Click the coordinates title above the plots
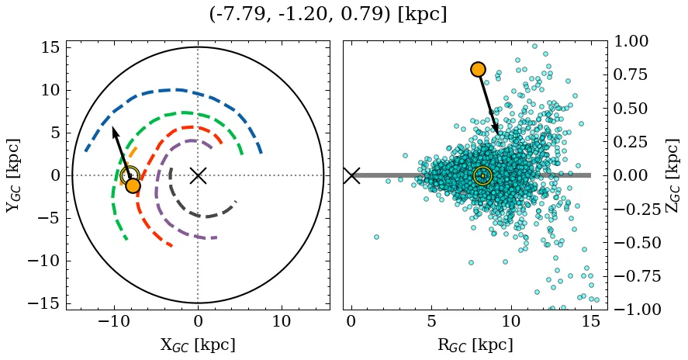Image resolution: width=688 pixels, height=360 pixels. tap(327, 15)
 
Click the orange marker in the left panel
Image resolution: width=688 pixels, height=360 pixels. tap(133, 185)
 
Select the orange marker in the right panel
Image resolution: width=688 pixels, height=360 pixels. tap(478, 69)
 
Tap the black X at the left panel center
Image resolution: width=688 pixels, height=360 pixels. tap(198, 175)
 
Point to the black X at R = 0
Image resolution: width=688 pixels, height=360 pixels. tap(351, 175)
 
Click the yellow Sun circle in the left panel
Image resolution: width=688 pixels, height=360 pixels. tap(130, 175)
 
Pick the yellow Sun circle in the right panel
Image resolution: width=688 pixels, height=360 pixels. tap(482, 175)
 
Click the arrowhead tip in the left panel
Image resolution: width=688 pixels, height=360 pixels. tap(112, 127)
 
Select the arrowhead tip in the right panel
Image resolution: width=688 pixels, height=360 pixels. tap(498, 133)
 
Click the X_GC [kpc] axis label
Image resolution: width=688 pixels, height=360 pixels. tap(198, 344)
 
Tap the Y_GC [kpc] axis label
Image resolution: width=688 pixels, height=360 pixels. tap(13, 175)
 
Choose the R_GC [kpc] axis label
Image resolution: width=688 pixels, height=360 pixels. tap(475, 344)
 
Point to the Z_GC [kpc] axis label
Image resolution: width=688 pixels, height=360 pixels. tap(672, 175)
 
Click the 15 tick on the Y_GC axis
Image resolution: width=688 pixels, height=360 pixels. tap(50, 47)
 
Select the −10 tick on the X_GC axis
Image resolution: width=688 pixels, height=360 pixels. tap(114, 321)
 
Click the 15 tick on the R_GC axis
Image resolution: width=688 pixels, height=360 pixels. tap(591, 321)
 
